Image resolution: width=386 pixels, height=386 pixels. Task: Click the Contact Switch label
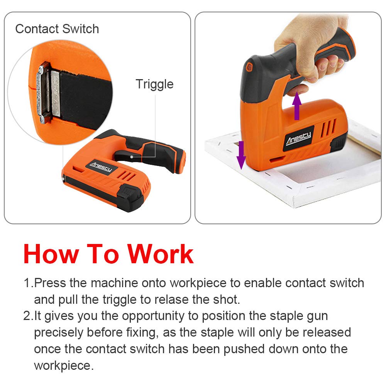[57, 29]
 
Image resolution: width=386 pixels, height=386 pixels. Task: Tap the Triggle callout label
[155, 85]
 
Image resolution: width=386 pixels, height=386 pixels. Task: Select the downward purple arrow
[241, 155]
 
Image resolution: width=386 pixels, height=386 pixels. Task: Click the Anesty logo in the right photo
[298, 138]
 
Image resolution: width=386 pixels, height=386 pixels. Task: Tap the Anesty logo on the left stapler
[101, 167]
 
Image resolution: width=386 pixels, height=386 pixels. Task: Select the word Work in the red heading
[160, 254]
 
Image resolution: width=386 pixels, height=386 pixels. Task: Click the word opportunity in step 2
[153, 317]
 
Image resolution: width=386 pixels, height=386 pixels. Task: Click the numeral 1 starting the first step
[27, 283]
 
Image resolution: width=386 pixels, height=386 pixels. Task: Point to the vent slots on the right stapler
[328, 128]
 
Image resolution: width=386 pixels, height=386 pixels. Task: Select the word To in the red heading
[103, 254]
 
